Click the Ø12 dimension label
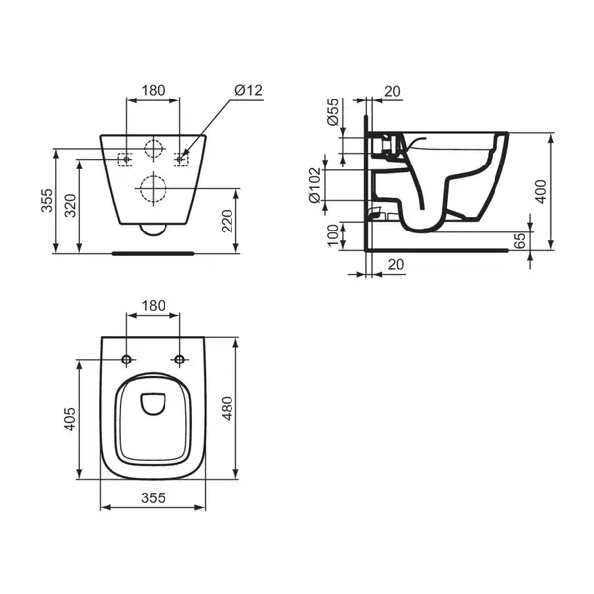(x=248, y=90)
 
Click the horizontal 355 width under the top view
(x=153, y=499)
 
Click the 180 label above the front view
(x=154, y=90)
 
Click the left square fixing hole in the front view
(x=125, y=159)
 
